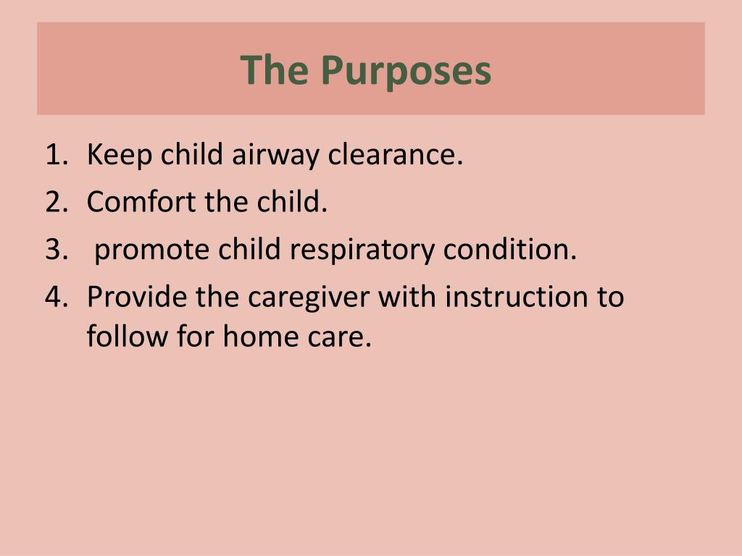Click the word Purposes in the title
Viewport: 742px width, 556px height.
click(407, 71)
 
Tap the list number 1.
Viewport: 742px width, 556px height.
click(56, 154)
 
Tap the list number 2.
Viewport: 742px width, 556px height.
click(56, 202)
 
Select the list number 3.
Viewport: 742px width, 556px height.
click(56, 250)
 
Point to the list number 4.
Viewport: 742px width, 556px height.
click(56, 298)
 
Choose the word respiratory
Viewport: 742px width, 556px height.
click(362, 250)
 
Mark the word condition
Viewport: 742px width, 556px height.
click(510, 250)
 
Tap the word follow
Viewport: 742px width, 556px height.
click(124, 337)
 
